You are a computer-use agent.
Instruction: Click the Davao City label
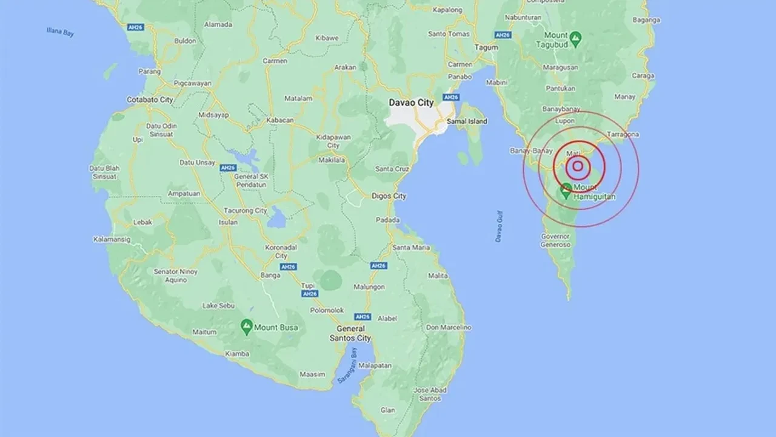click(411, 103)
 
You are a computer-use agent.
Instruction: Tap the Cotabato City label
click(149, 99)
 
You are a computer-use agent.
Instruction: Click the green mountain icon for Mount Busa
click(247, 327)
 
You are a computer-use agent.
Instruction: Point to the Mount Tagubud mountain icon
click(576, 39)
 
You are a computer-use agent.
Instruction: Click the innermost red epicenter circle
click(578, 166)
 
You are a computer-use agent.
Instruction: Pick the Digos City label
click(388, 196)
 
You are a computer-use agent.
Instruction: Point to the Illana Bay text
click(61, 31)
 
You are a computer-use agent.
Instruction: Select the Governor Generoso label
click(556, 240)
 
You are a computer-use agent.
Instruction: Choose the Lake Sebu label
click(218, 305)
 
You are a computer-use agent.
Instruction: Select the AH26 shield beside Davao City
click(450, 97)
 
